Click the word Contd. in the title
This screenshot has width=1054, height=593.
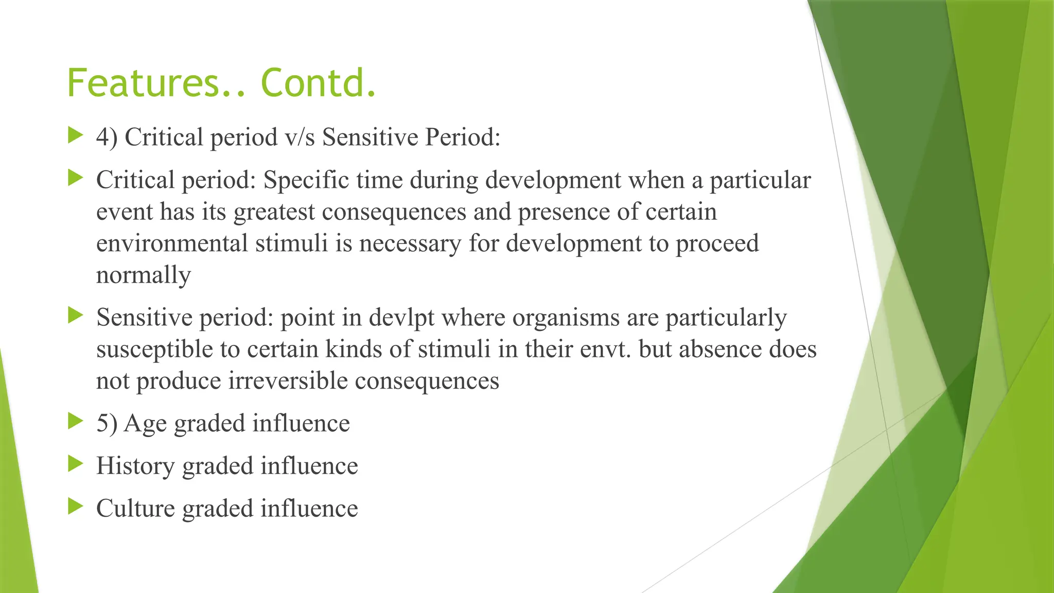pos(319,83)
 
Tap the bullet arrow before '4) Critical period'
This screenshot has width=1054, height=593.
pos(76,136)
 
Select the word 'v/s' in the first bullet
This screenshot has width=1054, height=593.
pos(300,137)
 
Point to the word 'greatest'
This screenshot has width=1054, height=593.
pos(274,212)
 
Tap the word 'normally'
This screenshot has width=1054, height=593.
pos(144,275)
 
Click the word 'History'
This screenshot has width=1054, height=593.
pos(135,466)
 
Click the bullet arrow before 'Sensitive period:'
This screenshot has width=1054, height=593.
pos(76,316)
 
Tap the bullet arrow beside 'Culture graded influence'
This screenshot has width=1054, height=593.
pos(76,507)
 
